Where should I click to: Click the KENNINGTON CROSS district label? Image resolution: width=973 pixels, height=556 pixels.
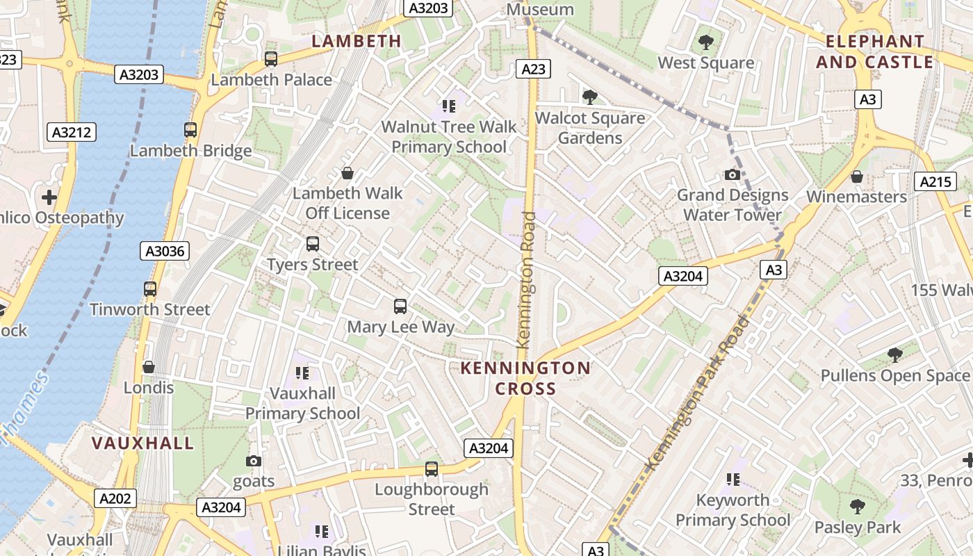525,378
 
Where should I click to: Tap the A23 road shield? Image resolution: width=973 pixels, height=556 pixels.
533,68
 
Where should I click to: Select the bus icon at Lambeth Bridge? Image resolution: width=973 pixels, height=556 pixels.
190,129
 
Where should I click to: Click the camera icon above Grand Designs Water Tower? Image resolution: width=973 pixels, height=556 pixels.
733,174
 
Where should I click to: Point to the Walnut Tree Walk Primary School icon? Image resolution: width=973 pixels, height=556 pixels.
449,106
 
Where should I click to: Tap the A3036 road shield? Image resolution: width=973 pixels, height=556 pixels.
165,251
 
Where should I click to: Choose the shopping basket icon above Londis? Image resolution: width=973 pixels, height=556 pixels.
149,366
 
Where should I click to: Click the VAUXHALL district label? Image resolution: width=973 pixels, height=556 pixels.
143,443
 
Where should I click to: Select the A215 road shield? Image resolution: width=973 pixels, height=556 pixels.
935,181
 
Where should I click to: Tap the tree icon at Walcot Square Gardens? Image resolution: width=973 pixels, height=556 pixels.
590,97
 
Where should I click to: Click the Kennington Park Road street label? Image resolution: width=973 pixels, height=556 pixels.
699,393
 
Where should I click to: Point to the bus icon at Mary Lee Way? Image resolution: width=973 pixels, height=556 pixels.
400,306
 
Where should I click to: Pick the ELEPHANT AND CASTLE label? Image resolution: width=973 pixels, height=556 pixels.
875,51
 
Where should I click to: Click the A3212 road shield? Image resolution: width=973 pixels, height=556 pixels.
72,132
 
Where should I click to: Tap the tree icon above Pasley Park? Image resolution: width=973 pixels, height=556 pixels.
858,506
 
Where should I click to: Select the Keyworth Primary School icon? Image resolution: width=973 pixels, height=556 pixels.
733,480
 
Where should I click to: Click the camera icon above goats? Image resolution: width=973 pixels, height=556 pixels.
254,461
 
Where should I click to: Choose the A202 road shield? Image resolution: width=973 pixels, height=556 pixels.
115,498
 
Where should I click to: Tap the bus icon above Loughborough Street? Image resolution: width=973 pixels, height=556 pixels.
432,468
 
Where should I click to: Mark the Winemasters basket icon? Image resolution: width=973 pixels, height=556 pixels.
857,177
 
